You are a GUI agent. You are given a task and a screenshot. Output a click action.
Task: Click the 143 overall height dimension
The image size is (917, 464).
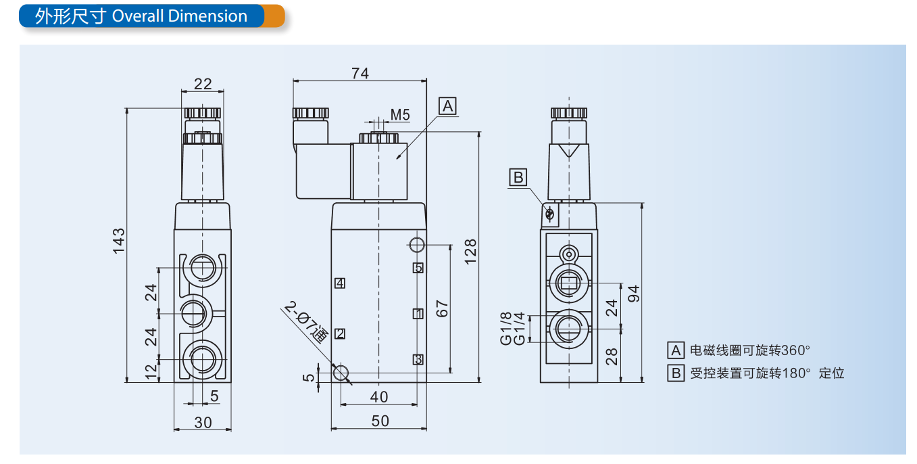pyautogui.click(x=118, y=241)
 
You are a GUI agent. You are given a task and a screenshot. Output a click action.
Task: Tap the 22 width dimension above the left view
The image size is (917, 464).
pyautogui.click(x=203, y=84)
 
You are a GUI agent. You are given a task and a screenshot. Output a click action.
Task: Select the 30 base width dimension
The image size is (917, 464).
pyautogui.click(x=203, y=422)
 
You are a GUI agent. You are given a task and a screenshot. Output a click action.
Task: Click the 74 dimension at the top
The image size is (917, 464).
pyautogui.click(x=360, y=74)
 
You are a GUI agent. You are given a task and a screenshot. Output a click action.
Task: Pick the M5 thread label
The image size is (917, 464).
pyautogui.click(x=400, y=115)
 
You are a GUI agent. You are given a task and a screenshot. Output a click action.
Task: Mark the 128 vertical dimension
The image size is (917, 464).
pyautogui.click(x=471, y=251)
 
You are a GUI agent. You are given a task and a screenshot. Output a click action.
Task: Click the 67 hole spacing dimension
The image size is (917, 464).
pyautogui.click(x=443, y=308)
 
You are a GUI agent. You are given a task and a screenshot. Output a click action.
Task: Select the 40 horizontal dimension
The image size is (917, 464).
pyautogui.click(x=379, y=396)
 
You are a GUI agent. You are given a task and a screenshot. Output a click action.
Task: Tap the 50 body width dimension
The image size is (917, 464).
pyautogui.click(x=380, y=421)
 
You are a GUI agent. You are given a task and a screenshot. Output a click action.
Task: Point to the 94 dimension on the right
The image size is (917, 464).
pyautogui.click(x=634, y=293)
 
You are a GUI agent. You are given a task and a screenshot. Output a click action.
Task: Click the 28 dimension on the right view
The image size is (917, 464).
pyautogui.click(x=612, y=356)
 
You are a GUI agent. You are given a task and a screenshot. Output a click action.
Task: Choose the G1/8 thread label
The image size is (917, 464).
pyautogui.click(x=506, y=328)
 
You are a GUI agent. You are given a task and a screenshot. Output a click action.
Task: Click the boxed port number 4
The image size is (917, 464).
pyautogui.click(x=340, y=283)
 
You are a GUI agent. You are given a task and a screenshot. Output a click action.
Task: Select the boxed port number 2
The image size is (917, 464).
pyautogui.click(x=340, y=333)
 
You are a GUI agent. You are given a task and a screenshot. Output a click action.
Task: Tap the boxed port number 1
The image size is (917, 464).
pyautogui.click(x=418, y=313)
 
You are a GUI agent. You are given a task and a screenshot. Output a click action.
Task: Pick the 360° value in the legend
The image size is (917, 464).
pyautogui.click(x=795, y=350)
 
